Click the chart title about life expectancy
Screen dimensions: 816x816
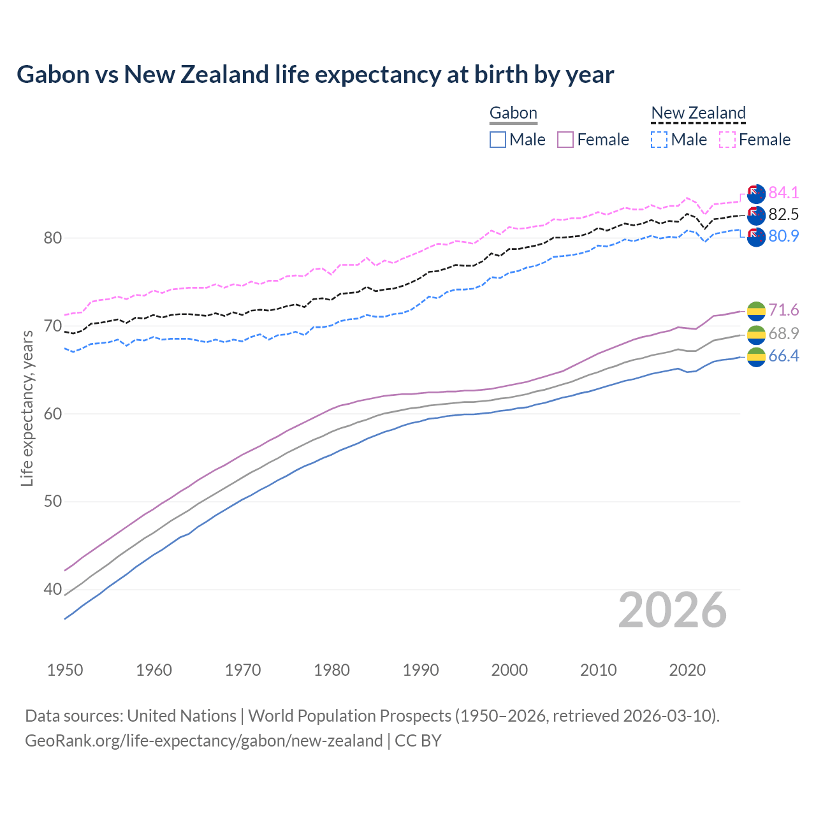coord(315,75)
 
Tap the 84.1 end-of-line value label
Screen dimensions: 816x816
coord(783,193)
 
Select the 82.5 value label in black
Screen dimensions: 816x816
coord(783,214)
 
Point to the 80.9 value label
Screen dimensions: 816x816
coord(783,236)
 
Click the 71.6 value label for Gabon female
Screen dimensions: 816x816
coord(783,310)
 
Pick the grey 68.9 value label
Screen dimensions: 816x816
coord(783,333)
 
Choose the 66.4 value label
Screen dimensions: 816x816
coord(783,356)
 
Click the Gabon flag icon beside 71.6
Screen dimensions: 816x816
coord(756,311)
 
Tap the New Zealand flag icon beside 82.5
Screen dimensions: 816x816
coord(756,215)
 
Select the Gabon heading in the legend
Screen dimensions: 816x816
coord(513,113)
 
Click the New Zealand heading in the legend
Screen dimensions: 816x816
coord(698,113)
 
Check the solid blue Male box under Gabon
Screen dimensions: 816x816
coord(498,140)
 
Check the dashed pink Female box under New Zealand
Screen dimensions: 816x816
coord(727,140)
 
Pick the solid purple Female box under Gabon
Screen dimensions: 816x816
coord(565,140)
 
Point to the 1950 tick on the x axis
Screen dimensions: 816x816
coord(65,670)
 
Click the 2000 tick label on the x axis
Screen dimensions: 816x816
coord(509,670)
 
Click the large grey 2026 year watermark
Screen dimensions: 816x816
coord(673,611)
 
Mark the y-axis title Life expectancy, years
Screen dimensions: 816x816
coord(27,408)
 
